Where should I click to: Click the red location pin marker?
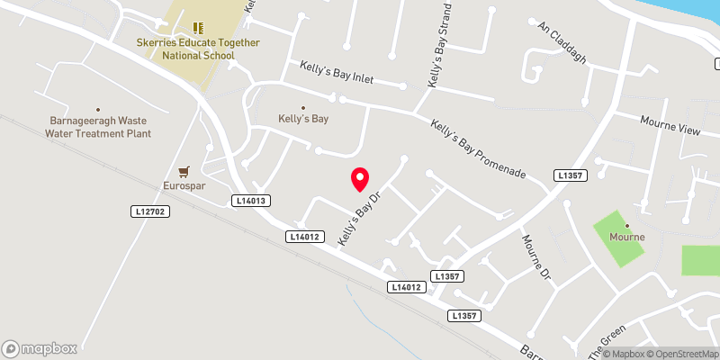coord(359,179)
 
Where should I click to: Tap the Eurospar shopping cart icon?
coord(184,170)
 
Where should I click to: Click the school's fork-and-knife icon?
coord(199,29)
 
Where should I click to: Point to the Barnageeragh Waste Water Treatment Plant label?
coord(99,126)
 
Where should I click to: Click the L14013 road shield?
coord(251,201)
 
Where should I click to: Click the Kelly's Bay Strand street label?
coord(439,50)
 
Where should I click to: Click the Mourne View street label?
coord(670,125)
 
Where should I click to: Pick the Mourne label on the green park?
coord(627,237)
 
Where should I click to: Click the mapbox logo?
coord(40,348)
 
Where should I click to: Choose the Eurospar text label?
coord(184,185)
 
